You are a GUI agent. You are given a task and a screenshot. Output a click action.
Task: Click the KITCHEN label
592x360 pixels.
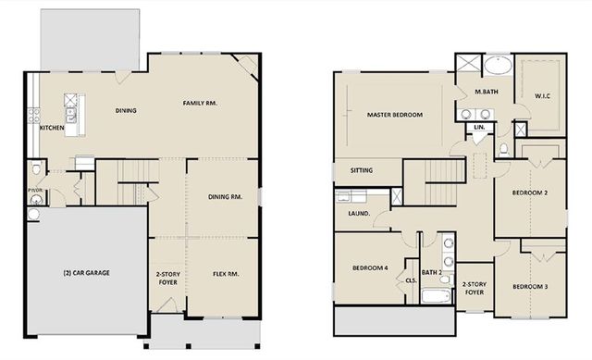tap(52, 128)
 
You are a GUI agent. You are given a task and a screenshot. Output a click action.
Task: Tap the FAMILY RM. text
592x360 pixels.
tap(199, 103)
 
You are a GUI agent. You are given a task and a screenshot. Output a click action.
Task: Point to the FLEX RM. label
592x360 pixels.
tap(227, 274)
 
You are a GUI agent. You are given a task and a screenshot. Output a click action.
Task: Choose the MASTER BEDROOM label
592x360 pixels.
tap(394, 115)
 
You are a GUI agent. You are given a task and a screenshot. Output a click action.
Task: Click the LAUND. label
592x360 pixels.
tap(359, 214)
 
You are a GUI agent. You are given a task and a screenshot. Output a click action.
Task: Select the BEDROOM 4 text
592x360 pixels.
tap(370, 268)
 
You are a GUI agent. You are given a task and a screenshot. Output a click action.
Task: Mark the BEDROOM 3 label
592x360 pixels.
tap(530, 287)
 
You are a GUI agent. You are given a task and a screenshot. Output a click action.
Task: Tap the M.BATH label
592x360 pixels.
tap(487, 93)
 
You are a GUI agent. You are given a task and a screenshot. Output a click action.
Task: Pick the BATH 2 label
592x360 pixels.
tap(431, 272)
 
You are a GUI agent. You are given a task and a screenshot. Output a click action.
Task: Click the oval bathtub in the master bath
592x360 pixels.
tap(499, 67)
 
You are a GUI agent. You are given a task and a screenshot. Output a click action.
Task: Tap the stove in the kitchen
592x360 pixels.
tap(34, 117)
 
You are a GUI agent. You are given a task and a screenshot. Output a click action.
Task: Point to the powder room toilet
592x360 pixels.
tap(34, 169)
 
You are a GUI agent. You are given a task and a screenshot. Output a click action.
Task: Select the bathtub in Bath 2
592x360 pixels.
tap(436, 296)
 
